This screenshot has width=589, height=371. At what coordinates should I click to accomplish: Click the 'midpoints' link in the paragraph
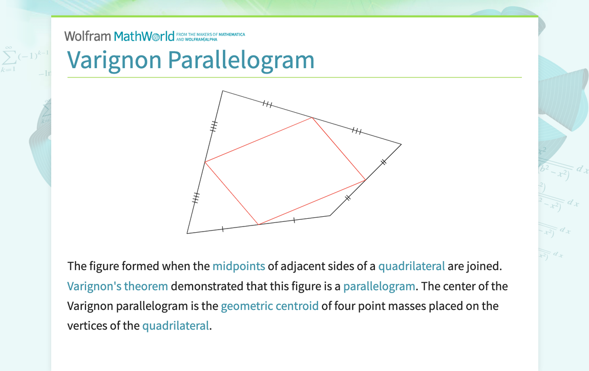(239, 266)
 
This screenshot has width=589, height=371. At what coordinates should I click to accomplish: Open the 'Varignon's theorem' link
(117, 286)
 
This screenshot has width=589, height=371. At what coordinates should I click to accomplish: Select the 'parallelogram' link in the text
(379, 286)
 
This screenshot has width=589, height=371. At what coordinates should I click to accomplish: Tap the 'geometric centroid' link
(269, 306)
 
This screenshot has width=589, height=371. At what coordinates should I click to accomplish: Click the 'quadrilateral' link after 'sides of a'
(411, 266)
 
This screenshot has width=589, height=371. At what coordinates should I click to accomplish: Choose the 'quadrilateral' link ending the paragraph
(175, 325)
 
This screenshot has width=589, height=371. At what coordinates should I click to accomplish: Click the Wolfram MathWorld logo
(123, 36)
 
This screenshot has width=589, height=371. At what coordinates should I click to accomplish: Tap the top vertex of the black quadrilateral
(222, 91)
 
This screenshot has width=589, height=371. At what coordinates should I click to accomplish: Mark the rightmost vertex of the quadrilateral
(401, 145)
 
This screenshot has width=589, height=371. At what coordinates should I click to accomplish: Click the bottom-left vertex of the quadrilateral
(187, 233)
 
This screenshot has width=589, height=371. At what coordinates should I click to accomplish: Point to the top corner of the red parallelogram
(312, 118)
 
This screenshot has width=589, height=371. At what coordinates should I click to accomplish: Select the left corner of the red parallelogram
(205, 162)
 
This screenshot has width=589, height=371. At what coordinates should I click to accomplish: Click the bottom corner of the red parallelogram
(259, 224)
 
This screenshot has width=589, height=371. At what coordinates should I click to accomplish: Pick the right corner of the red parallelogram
(365, 180)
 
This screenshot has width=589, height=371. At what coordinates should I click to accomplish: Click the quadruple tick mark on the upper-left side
(214, 126)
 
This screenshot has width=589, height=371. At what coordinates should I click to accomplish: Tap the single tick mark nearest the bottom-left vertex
(223, 229)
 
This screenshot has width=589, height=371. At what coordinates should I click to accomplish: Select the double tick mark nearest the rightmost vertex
(383, 162)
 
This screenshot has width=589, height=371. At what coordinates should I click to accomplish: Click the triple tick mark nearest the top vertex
(267, 105)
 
